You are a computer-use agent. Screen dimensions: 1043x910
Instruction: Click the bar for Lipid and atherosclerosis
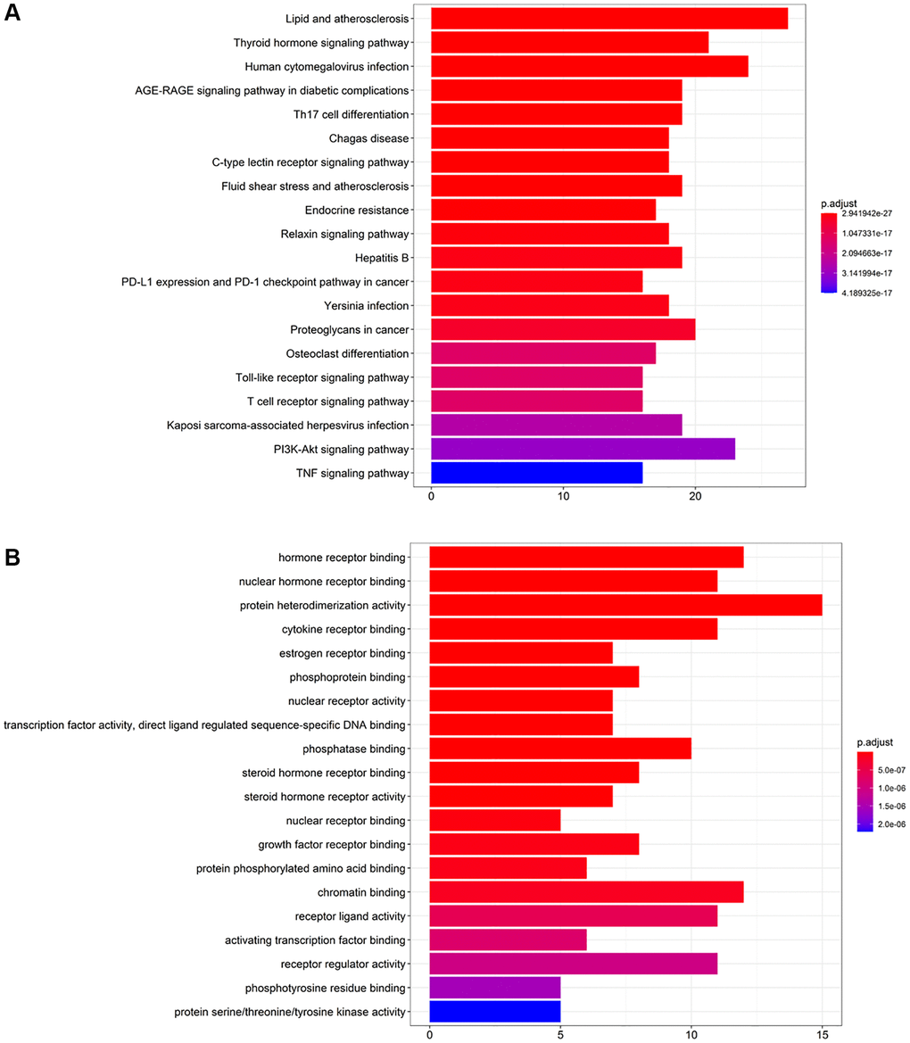(608, 19)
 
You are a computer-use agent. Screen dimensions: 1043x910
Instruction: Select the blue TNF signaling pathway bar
(536, 473)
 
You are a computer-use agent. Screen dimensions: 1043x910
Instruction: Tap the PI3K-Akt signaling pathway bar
(583, 449)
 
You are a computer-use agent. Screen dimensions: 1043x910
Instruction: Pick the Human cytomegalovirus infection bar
(589, 67)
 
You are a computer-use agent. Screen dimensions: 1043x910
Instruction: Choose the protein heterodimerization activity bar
(625, 605)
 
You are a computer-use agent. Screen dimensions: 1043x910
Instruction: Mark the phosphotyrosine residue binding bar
(495, 988)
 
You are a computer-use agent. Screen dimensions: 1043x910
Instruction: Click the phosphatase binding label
(356, 749)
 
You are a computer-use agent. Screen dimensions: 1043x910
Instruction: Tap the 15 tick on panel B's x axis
(822, 1033)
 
